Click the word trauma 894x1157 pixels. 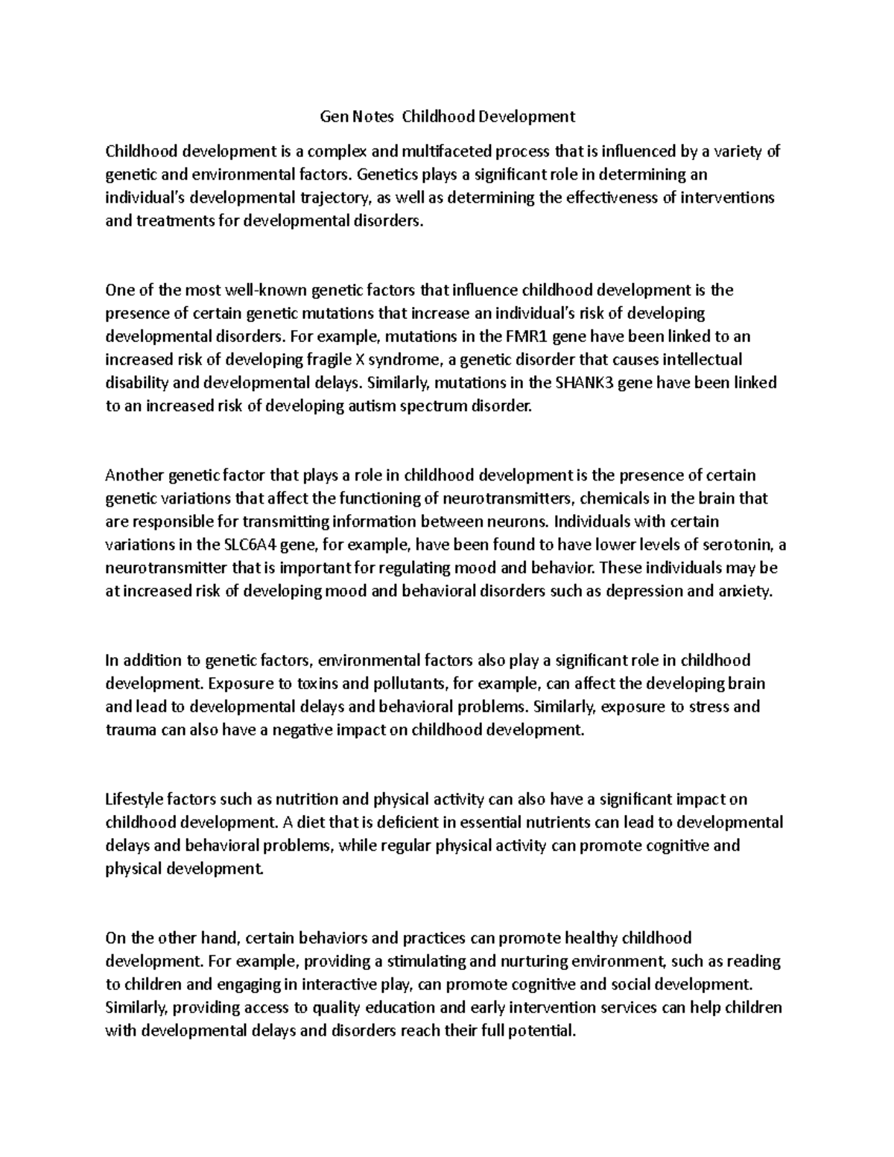130,730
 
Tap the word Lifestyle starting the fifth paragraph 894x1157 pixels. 136,799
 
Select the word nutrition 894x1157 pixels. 305,799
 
